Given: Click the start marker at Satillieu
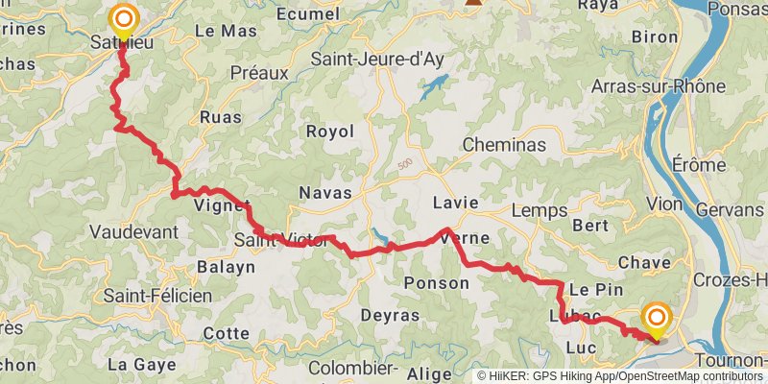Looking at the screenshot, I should click(x=124, y=19).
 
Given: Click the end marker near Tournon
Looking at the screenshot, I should click(x=658, y=318).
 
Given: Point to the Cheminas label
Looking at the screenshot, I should click(x=504, y=145).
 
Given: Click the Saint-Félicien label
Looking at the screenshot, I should click(x=158, y=296).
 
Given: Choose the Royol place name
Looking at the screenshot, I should click(x=329, y=132).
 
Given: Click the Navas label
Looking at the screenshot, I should click(x=325, y=193).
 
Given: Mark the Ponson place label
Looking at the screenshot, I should click(x=434, y=282).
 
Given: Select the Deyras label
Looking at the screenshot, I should click(x=390, y=315).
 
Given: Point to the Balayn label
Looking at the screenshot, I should click(x=226, y=266).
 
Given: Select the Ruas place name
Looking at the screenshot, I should click(x=221, y=117).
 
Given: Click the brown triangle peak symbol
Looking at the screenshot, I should click(x=472, y=3).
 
